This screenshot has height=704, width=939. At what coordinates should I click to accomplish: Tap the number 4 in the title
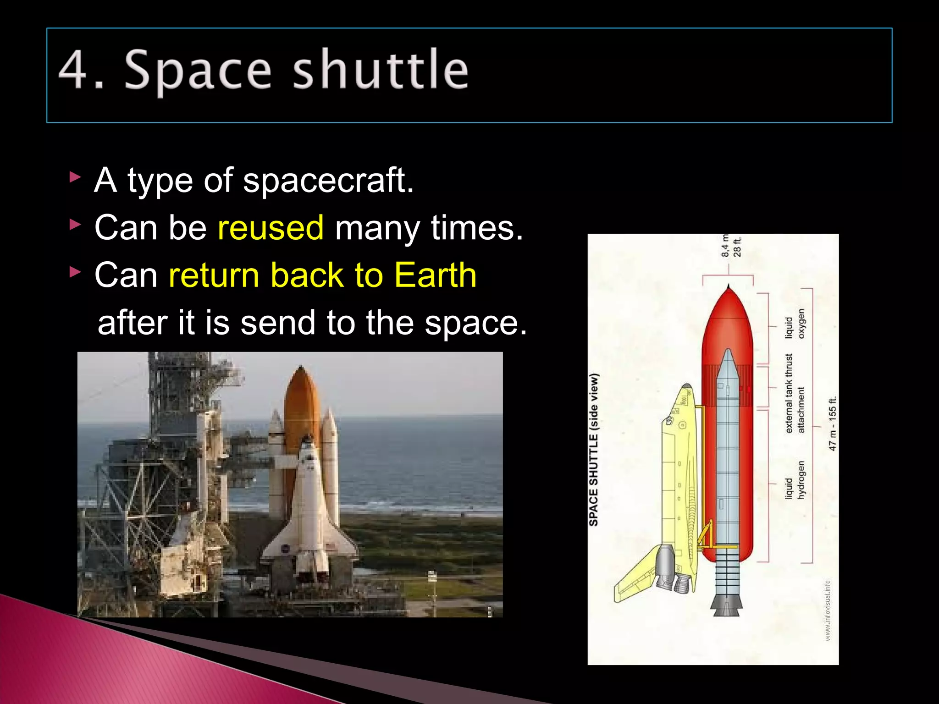tap(73, 70)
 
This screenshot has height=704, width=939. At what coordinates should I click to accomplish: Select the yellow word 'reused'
tap(271, 227)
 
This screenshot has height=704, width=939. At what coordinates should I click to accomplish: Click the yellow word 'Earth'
tap(435, 275)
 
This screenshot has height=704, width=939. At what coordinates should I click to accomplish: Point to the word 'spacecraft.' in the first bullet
tap(328, 180)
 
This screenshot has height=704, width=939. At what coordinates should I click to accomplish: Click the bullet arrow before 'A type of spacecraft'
tap(75, 177)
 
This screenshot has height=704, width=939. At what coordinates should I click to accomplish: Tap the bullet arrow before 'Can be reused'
tap(75, 225)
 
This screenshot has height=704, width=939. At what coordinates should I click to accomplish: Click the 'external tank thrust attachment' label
tap(795, 393)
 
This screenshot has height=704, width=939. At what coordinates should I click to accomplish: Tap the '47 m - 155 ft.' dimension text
tap(833, 423)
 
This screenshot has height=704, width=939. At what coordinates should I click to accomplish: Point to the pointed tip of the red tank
tap(728, 288)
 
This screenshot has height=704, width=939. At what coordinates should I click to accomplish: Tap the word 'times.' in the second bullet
tap(477, 227)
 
